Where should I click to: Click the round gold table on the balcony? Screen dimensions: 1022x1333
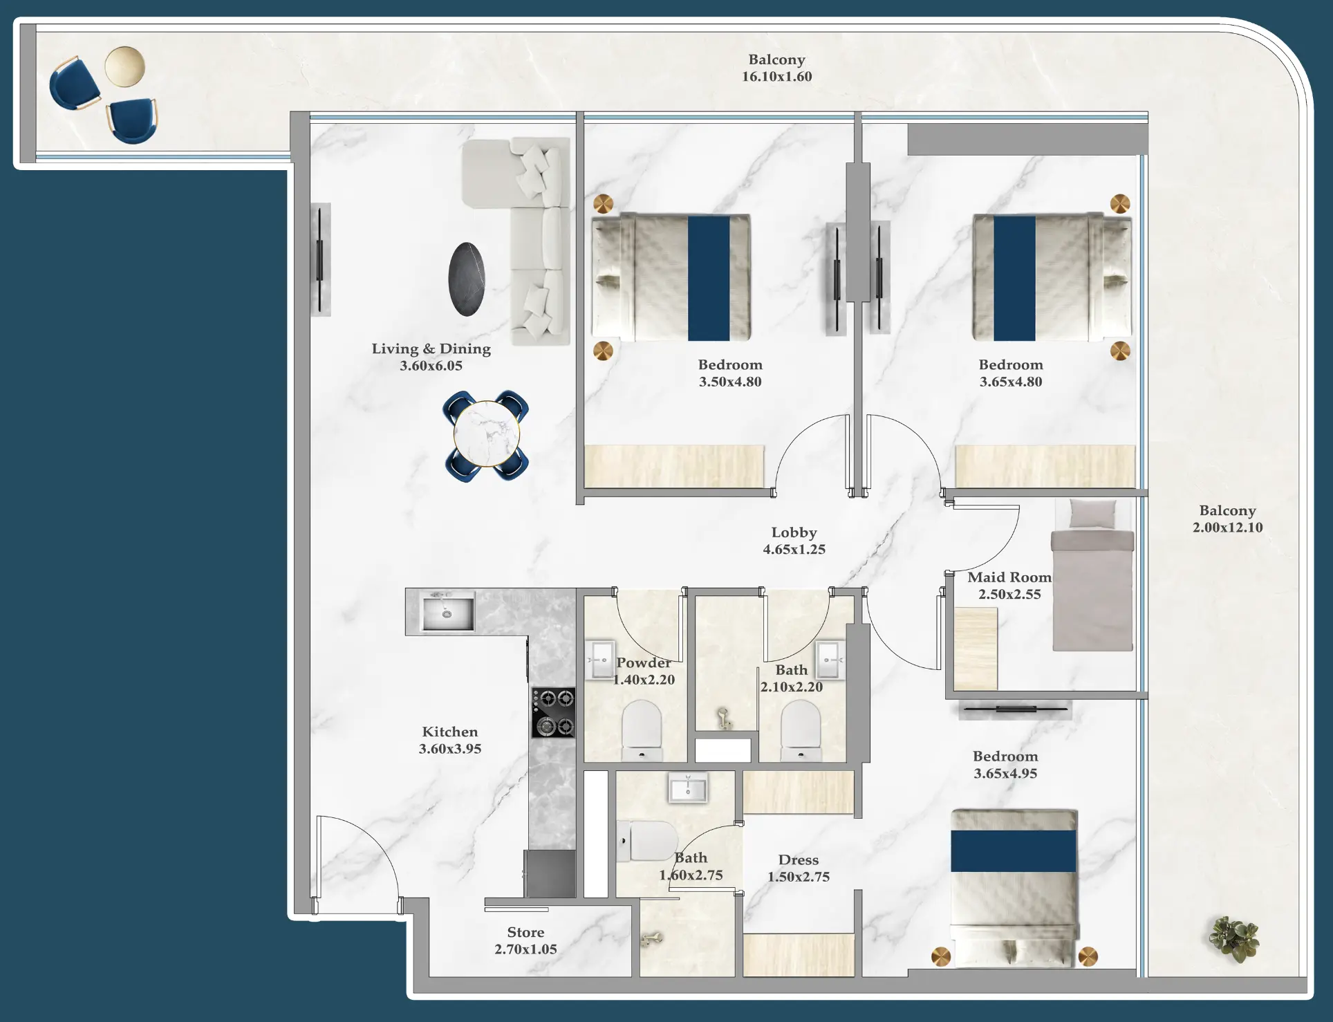125,66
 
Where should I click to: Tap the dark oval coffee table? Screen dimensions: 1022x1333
467,279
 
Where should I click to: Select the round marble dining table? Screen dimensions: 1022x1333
486,435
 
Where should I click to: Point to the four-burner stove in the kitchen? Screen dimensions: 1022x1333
553,712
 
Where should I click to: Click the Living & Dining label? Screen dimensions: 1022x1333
431,349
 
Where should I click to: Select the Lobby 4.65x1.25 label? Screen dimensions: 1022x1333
794,541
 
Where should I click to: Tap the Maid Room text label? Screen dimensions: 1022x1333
1009,577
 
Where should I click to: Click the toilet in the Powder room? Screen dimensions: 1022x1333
642,730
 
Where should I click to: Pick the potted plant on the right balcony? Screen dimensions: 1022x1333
1234,939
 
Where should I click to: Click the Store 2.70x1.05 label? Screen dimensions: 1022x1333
525,940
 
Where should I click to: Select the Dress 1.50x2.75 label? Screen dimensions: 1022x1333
798,868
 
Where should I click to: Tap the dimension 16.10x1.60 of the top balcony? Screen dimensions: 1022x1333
776,77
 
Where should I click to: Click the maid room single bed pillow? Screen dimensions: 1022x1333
1092,514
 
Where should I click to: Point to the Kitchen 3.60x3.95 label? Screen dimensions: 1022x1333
449,740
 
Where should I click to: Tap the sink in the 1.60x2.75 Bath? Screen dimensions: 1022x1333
688,788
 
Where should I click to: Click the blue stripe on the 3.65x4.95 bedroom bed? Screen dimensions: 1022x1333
1013,851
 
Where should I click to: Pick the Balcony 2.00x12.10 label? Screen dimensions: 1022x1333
1227,519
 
